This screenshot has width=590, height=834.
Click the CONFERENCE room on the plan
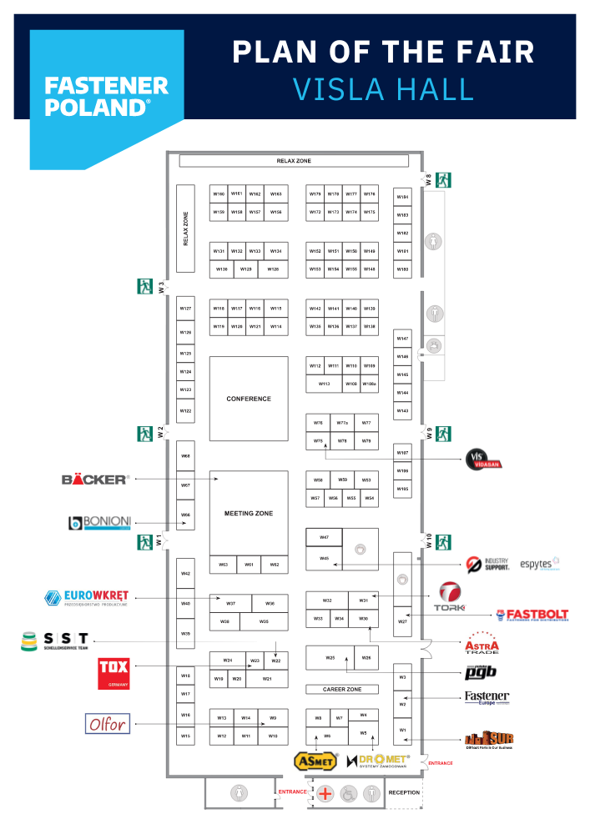pos(249,399)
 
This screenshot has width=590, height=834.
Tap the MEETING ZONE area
pos(249,513)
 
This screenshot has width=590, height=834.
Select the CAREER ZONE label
pos(342,690)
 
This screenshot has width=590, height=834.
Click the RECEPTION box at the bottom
pos(404,792)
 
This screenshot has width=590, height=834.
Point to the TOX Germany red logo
pos(113,673)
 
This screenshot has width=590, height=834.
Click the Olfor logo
pos(108,723)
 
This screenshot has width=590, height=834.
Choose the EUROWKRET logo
pos(87,598)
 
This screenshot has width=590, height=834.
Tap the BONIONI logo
pos(99,523)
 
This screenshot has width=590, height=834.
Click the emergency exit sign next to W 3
pos(145,286)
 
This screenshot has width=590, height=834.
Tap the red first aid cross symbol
pos(325,793)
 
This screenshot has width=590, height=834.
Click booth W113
pos(325,384)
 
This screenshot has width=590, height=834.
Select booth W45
pos(324,559)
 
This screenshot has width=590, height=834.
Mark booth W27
pos(402,621)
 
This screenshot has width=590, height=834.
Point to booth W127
pos(185,309)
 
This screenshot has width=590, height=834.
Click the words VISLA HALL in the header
pos(384,88)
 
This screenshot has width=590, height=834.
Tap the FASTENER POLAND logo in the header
pos(106,96)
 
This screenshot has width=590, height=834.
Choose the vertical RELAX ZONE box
pos(185,228)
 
